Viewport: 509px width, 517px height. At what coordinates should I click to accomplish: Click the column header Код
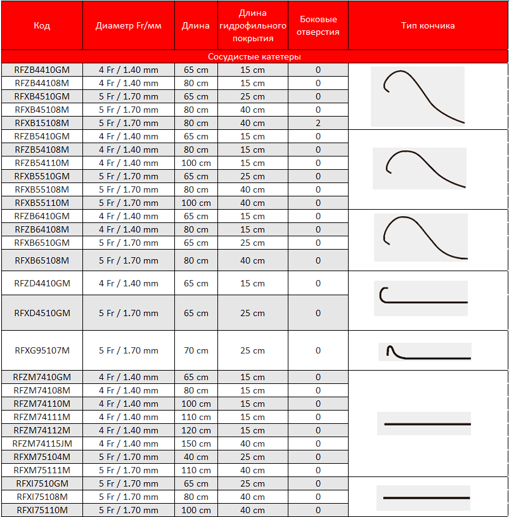pos(42,26)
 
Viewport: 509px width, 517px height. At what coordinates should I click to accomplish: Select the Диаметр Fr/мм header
pos(128,26)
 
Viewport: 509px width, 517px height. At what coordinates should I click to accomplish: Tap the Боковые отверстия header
pos(318,26)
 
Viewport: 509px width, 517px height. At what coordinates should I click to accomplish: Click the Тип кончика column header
pos(428,26)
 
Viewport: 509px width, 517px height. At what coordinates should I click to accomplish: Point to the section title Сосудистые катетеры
pos(254,57)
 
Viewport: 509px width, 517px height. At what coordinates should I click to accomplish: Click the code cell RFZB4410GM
pos(42,70)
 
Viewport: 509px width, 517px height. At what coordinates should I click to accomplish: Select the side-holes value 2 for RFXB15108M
pos(318,123)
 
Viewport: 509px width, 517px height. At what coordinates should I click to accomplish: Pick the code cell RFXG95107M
pos(42,350)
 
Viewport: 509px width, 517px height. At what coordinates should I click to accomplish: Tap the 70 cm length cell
pos(196,350)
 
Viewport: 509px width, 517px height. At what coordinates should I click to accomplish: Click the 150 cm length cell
pos(196,444)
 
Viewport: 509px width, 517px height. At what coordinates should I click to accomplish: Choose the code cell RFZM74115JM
pos(42,444)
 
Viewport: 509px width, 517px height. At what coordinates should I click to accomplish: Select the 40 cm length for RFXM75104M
pos(196,457)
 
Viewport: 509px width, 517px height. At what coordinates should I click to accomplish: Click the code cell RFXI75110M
pos(42,510)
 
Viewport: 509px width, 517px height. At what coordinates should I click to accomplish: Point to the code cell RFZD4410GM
pos(42,283)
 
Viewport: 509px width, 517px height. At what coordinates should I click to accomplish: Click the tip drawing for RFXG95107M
pos(425,352)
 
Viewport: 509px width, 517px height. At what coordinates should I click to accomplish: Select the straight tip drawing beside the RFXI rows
pos(423,498)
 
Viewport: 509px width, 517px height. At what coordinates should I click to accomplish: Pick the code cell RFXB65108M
pos(42,260)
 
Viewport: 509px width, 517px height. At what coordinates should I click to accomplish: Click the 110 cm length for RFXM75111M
pos(196,470)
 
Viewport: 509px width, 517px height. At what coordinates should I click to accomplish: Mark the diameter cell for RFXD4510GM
pos(128,313)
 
